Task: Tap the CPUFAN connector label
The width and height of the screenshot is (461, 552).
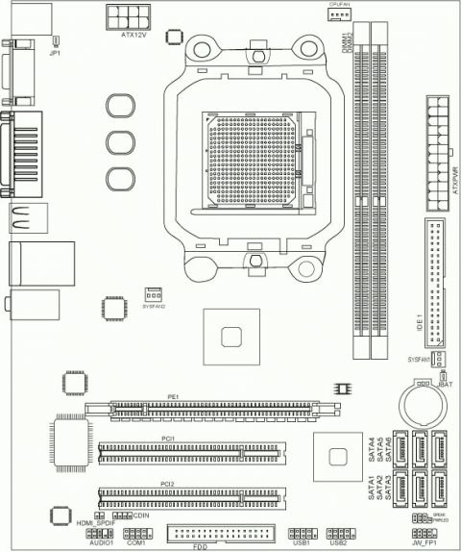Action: (339, 4)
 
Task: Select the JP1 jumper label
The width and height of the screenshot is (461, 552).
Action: (55, 53)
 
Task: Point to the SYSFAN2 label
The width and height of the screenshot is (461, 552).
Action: (154, 306)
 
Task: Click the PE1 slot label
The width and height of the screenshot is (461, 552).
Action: (174, 396)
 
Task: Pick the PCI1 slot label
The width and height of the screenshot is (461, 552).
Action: (167, 439)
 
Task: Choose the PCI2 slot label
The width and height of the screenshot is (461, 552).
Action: (167, 483)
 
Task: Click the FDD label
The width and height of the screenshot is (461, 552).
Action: (200, 546)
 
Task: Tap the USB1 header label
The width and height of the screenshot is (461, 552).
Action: (302, 542)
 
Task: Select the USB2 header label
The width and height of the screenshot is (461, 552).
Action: (337, 542)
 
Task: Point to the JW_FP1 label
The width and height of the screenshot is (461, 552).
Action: (423, 543)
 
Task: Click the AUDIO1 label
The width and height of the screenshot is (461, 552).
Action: (102, 543)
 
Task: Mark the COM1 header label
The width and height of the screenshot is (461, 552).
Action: (135, 543)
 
